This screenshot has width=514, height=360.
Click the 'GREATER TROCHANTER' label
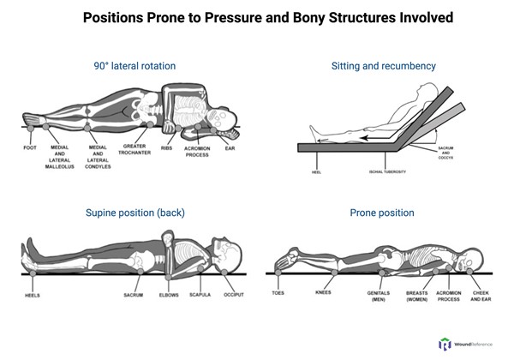(138, 150)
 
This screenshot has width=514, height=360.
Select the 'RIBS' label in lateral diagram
(169, 147)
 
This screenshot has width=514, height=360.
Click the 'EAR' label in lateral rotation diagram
(230, 147)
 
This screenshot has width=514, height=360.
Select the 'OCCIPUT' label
(233, 294)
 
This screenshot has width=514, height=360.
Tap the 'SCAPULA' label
(199, 294)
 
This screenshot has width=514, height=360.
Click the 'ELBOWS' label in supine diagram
(169, 294)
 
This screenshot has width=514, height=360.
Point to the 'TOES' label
(278, 292)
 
